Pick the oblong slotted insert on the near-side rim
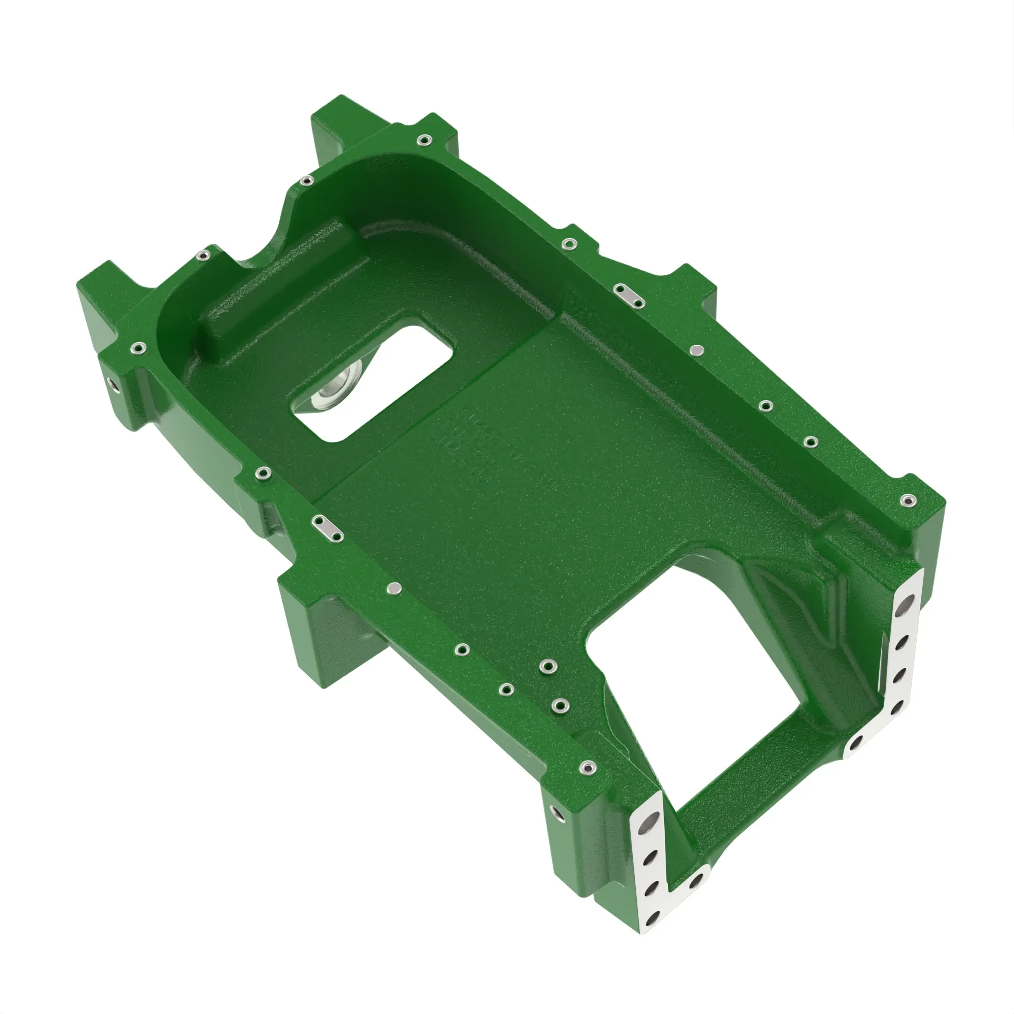coord(328,528)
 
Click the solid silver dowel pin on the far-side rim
coord(697,349)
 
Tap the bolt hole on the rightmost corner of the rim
coord(907,501)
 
